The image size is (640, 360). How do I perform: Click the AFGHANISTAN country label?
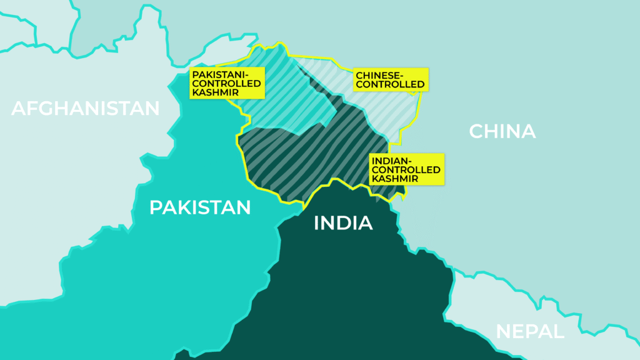click(86, 108)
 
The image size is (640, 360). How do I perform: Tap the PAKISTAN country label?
click(200, 207)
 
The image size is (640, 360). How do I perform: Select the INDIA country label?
click(343, 223)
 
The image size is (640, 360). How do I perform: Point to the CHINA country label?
click(502, 131)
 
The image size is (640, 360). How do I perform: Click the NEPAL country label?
click(530, 331)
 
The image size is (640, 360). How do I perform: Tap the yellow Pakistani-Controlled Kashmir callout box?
click(227, 83)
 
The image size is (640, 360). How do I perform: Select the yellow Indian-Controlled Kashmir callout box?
click(406, 169)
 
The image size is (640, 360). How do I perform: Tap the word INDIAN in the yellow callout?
click(389, 161)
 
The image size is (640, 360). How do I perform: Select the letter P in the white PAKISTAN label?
click(156, 207)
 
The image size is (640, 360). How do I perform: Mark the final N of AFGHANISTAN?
click(152, 108)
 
